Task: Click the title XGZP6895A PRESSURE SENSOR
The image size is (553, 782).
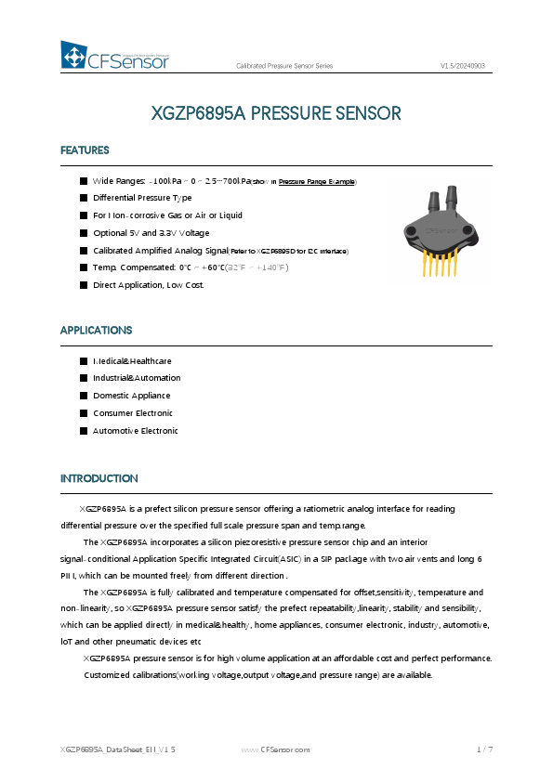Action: pos(276,114)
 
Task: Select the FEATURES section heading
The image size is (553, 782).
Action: pos(85,150)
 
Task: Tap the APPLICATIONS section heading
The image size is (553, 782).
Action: pos(96,331)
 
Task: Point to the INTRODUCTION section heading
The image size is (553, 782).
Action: pos(99,479)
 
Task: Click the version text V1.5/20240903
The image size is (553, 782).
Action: pos(462,66)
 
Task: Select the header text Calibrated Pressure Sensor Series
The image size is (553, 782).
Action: pos(284,66)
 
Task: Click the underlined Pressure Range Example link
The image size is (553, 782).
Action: pos(316,181)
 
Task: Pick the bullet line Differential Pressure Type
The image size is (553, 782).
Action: pos(142,198)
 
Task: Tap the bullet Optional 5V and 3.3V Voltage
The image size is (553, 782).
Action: pos(151,232)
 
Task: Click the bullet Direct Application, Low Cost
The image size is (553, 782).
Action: pos(148,284)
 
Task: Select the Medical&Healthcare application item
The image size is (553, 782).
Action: pos(132,360)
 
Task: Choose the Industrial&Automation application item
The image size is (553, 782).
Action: pos(137,378)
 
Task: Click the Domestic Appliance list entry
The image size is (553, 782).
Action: pos(131,396)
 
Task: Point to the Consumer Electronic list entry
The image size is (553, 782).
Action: pos(133,413)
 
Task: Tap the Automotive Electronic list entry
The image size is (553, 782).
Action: pos(135,431)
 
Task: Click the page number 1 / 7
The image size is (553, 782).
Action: pos(483,749)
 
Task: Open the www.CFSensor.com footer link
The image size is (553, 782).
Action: pos(276,749)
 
